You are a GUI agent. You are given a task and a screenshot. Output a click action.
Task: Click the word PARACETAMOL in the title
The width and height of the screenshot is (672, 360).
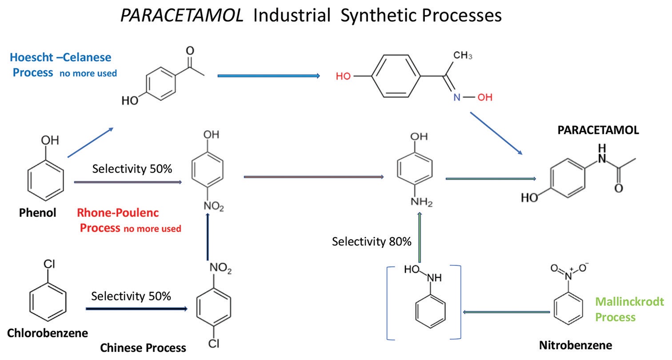182,16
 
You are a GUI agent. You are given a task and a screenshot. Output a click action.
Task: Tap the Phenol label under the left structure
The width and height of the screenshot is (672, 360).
38,213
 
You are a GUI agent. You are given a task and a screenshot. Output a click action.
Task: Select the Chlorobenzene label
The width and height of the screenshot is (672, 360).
47,332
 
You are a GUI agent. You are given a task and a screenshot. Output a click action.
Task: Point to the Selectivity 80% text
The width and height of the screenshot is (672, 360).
372,242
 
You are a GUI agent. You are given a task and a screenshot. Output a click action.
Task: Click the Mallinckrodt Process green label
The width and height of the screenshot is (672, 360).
629,309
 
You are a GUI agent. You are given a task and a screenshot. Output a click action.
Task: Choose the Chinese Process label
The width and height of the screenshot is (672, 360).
143,348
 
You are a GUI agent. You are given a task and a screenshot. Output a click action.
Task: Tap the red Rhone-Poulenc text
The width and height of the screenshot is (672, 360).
118,212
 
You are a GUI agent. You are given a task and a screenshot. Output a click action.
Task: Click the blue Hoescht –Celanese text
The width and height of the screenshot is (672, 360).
60,57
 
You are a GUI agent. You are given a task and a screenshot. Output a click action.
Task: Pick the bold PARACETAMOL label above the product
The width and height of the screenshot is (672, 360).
598,130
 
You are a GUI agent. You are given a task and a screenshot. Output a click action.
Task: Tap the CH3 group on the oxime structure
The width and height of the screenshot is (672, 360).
463,56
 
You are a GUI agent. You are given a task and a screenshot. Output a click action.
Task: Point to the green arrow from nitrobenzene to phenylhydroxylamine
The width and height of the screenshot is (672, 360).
507,312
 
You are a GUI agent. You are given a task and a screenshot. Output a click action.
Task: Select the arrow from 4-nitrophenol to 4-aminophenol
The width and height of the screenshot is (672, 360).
314,177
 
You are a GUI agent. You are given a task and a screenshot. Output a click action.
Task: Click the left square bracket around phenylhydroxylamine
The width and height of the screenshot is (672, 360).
389,302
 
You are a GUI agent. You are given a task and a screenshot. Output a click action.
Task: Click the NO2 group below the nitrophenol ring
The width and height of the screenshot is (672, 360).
213,207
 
